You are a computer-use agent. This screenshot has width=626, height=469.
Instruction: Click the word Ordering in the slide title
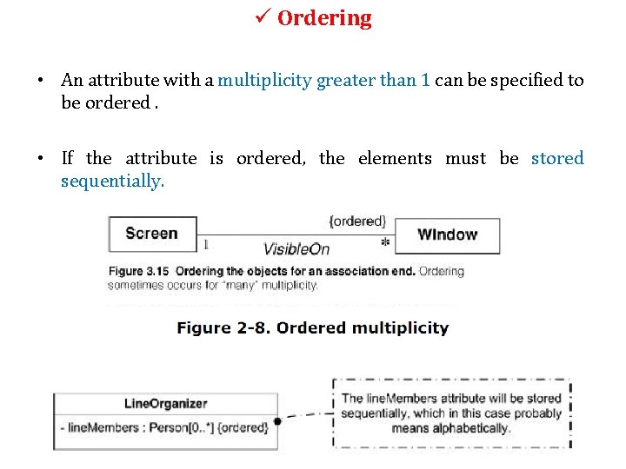coord(324,18)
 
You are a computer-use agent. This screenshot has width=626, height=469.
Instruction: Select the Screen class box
coord(151,234)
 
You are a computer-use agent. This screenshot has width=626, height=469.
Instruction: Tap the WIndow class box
coord(447,234)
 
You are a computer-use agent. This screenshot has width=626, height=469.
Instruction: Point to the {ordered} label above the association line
coord(357,221)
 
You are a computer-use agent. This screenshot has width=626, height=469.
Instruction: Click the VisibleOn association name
coord(296,249)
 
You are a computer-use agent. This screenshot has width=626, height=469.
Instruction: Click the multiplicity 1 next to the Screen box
coord(205,244)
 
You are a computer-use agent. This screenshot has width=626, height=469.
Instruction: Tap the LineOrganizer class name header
coord(166,403)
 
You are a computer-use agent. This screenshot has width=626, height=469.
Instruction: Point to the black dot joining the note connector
coord(277,421)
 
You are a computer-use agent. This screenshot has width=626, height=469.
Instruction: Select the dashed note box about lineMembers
coord(451,413)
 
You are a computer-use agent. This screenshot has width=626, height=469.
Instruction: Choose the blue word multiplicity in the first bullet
coord(264,81)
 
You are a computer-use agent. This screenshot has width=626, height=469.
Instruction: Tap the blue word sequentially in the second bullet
coord(112,181)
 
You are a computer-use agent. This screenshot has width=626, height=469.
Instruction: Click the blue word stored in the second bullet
coord(557,158)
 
